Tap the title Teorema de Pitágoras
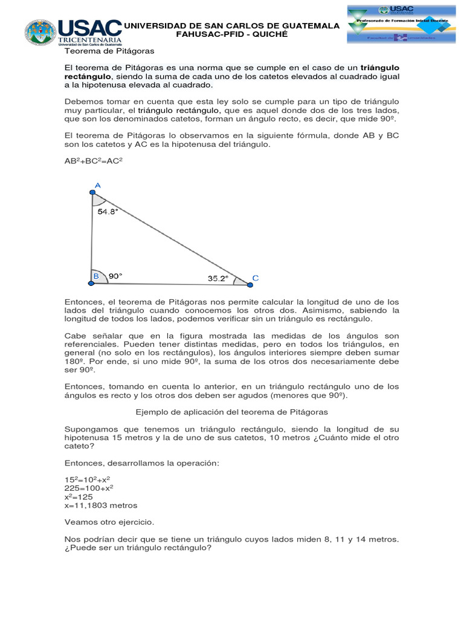[x=109, y=51]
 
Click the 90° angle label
[x=115, y=276]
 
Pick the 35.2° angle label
[x=217, y=279]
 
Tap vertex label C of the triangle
[x=255, y=278]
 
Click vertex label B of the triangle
[x=95, y=276]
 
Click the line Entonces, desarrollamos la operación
[x=134, y=462]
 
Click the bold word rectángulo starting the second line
[x=88, y=77]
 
